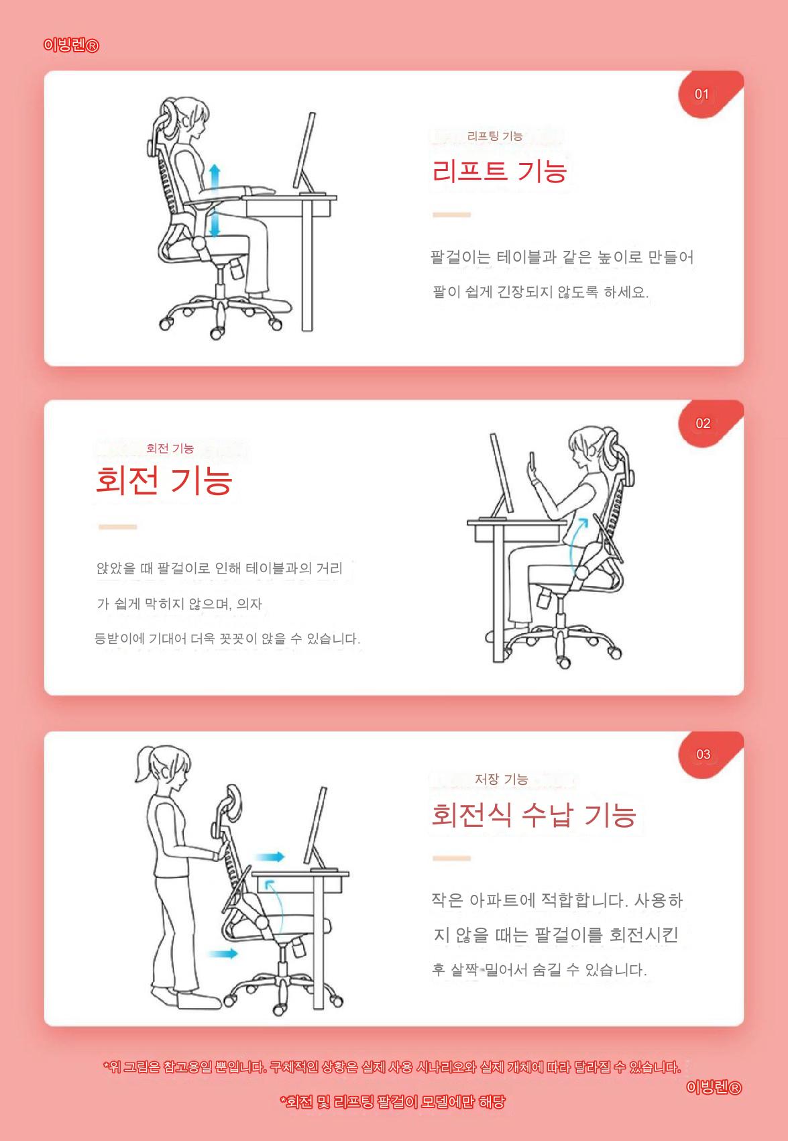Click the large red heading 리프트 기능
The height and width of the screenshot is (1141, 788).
click(499, 170)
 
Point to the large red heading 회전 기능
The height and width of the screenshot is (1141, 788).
click(164, 480)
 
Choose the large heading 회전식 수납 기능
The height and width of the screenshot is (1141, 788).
click(533, 814)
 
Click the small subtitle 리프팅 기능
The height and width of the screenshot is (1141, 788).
click(495, 136)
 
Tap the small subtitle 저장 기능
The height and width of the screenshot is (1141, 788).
click(501, 779)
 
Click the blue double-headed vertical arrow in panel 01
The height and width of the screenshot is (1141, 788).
click(215, 201)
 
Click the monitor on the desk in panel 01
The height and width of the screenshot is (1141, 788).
click(304, 151)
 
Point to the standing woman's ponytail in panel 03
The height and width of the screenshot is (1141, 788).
click(144, 764)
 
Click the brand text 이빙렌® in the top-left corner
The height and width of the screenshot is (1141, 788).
click(71, 46)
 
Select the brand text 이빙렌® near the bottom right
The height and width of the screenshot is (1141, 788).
click(714, 1087)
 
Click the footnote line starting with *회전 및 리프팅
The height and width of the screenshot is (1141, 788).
click(392, 1102)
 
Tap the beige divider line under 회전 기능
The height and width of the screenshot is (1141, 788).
click(117, 527)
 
